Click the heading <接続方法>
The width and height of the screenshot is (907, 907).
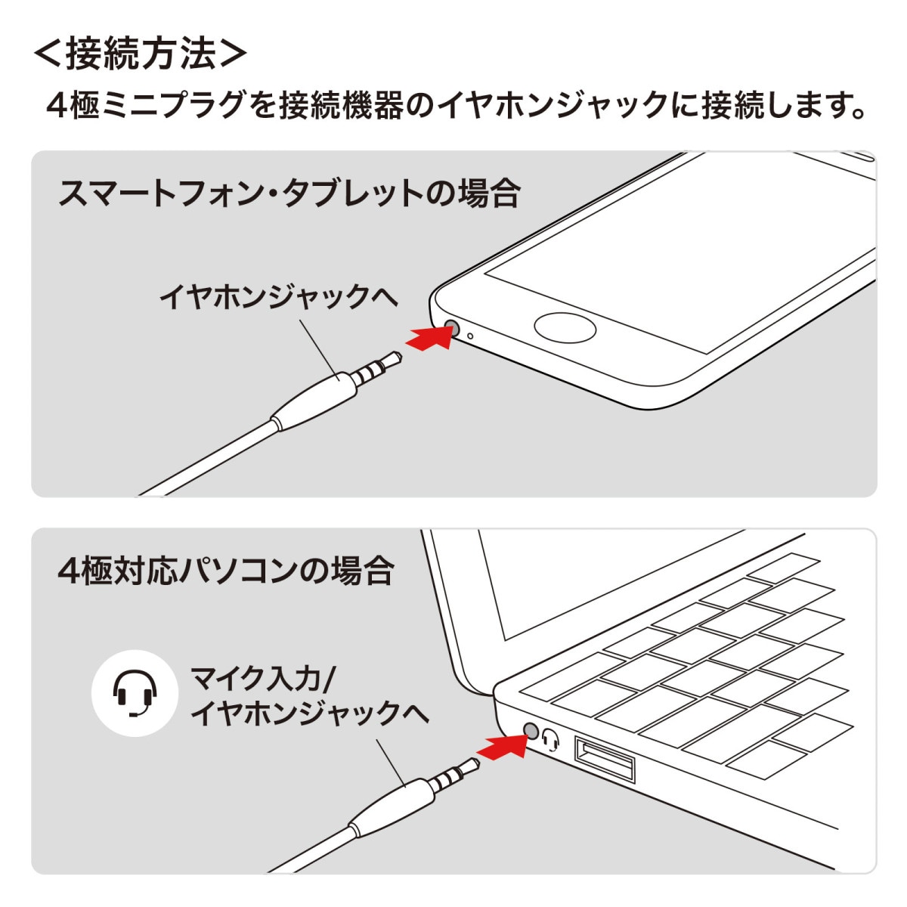(140, 54)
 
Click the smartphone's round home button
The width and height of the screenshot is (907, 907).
(565, 328)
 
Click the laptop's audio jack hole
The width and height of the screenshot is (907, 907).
(531, 730)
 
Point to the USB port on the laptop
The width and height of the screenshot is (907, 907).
(604, 759)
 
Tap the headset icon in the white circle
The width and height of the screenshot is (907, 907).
(135, 693)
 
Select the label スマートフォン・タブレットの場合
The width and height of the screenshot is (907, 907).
(289, 193)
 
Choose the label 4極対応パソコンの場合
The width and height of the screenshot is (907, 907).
(226, 570)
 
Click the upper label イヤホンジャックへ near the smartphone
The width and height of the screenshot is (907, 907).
(277, 296)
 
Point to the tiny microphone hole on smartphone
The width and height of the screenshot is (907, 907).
(470, 336)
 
